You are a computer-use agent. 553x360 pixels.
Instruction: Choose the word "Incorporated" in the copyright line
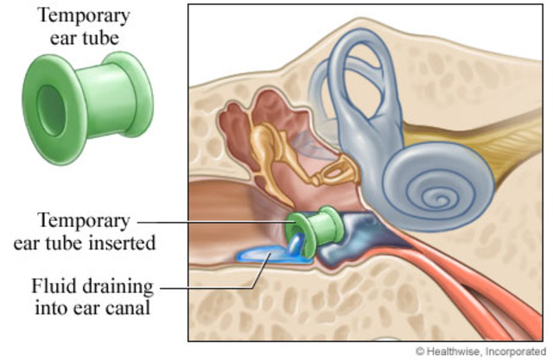(x=518, y=351)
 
